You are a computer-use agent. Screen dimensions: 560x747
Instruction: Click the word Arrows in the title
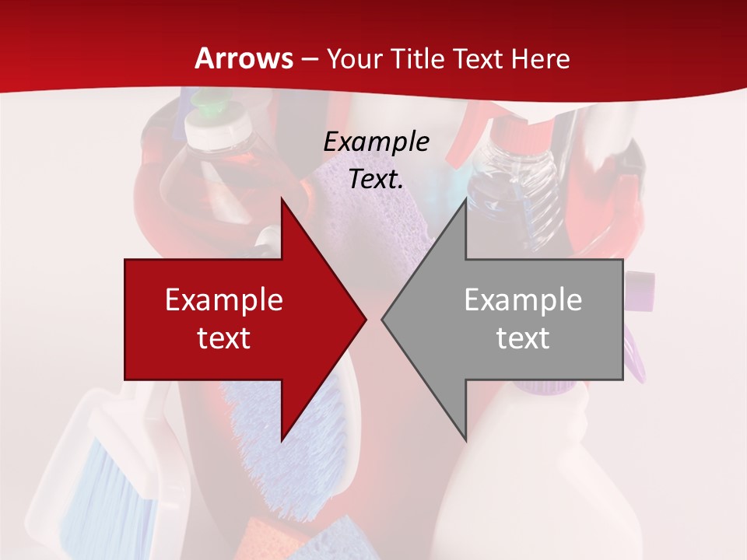pyautogui.click(x=244, y=58)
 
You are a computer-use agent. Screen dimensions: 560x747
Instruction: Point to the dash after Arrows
pyautogui.click(x=309, y=59)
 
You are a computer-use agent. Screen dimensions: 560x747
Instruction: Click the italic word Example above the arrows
pyautogui.click(x=376, y=142)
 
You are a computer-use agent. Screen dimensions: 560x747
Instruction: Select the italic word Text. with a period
pyautogui.click(x=376, y=179)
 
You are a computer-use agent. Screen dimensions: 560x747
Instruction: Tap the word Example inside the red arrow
pyautogui.click(x=224, y=300)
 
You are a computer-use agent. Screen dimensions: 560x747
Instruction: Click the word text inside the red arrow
pyautogui.click(x=224, y=338)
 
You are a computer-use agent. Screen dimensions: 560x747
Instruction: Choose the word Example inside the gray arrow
pyautogui.click(x=523, y=300)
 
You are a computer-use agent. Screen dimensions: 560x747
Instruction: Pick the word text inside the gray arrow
pyautogui.click(x=523, y=338)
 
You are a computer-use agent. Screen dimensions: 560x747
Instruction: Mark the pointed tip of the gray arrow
pyautogui.click(x=384, y=318)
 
